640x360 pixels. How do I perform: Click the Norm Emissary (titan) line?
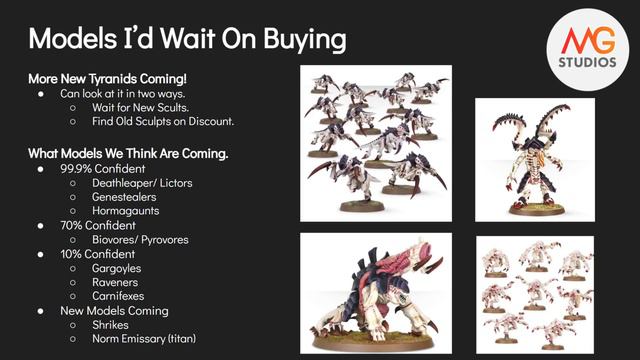(x=143, y=339)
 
